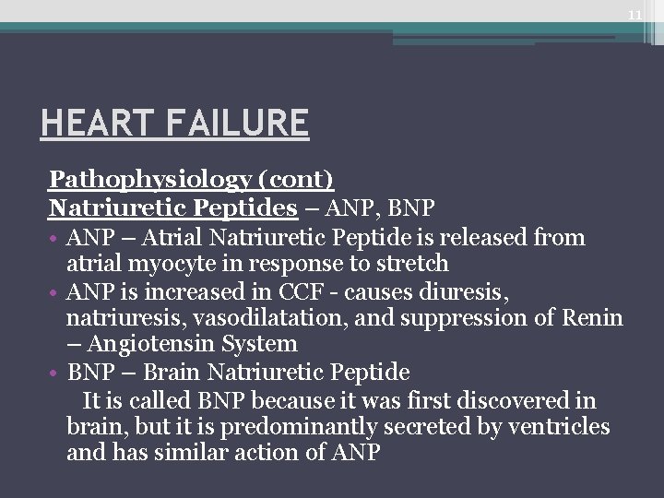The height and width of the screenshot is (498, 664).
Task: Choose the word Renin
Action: pyautogui.click(x=589, y=318)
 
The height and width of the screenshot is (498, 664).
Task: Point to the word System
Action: pyautogui.click(x=265, y=345)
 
